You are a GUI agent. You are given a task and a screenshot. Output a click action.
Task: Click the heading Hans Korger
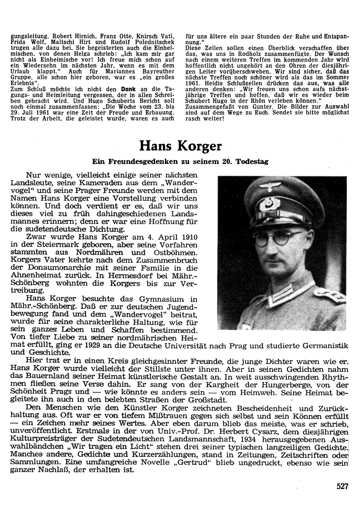pyautogui.click(x=180, y=146)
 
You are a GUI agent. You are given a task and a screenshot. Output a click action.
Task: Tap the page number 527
pyautogui.click(x=343, y=486)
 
